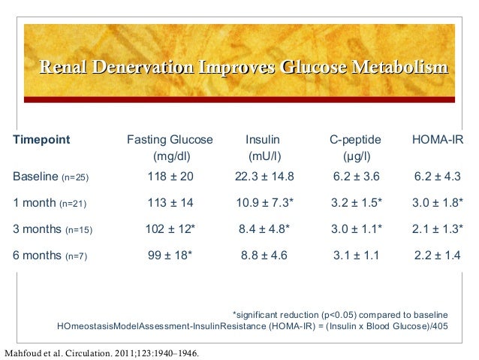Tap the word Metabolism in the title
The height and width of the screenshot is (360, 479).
pyautogui.click(x=402, y=68)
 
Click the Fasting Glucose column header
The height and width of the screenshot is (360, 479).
pyautogui.click(x=170, y=140)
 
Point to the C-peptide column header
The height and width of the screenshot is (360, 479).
pyautogui.click(x=356, y=140)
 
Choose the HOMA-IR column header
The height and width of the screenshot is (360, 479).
pyautogui.click(x=438, y=140)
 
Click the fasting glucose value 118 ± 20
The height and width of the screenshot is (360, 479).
pyautogui.click(x=170, y=177)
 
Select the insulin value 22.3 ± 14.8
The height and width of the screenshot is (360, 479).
pyautogui.click(x=263, y=177)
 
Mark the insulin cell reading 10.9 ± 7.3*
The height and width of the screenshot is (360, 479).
pyautogui.click(x=263, y=203)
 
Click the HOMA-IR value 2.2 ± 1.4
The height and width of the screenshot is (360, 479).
pyautogui.click(x=437, y=256)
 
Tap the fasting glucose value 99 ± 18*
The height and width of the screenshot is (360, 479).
pyautogui.click(x=170, y=256)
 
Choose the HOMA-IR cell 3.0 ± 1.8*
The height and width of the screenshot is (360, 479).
pyautogui.click(x=437, y=203)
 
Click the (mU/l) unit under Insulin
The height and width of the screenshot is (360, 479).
pyautogui.click(x=263, y=157)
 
